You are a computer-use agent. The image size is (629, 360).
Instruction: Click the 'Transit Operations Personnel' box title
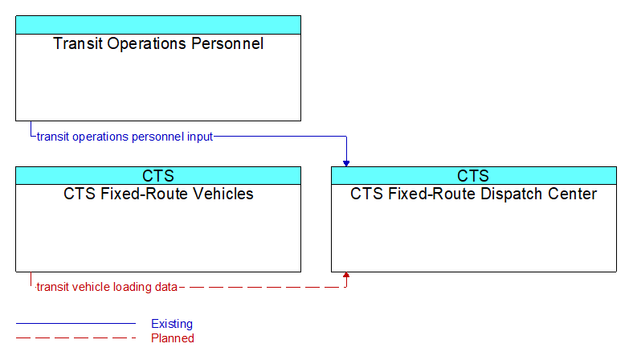click(x=158, y=43)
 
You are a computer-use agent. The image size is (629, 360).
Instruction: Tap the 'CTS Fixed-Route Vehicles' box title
click(x=158, y=194)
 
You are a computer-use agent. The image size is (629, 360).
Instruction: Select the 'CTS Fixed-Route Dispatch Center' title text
click(x=474, y=194)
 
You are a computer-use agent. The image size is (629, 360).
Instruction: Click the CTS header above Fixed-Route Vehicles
click(x=158, y=176)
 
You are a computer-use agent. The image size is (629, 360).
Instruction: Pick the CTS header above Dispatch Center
click(x=473, y=176)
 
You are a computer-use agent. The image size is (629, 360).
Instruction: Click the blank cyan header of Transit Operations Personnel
click(x=158, y=25)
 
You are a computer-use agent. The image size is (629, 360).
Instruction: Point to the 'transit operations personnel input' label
click(x=125, y=137)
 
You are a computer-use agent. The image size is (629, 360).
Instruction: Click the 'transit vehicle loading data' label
click(x=107, y=287)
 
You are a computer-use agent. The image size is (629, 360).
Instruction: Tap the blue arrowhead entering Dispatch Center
click(x=346, y=163)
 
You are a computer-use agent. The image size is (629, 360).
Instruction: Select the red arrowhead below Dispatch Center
click(x=346, y=275)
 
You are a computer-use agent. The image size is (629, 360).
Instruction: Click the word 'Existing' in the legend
click(x=172, y=324)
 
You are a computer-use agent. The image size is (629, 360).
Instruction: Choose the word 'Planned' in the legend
click(x=173, y=338)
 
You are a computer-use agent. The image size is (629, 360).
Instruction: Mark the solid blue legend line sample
click(x=76, y=323)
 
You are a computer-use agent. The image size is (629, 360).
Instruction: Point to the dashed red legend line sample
click(x=76, y=338)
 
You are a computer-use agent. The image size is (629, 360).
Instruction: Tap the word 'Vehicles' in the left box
click(x=223, y=194)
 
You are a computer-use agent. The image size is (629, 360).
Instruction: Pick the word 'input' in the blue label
click(x=200, y=137)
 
